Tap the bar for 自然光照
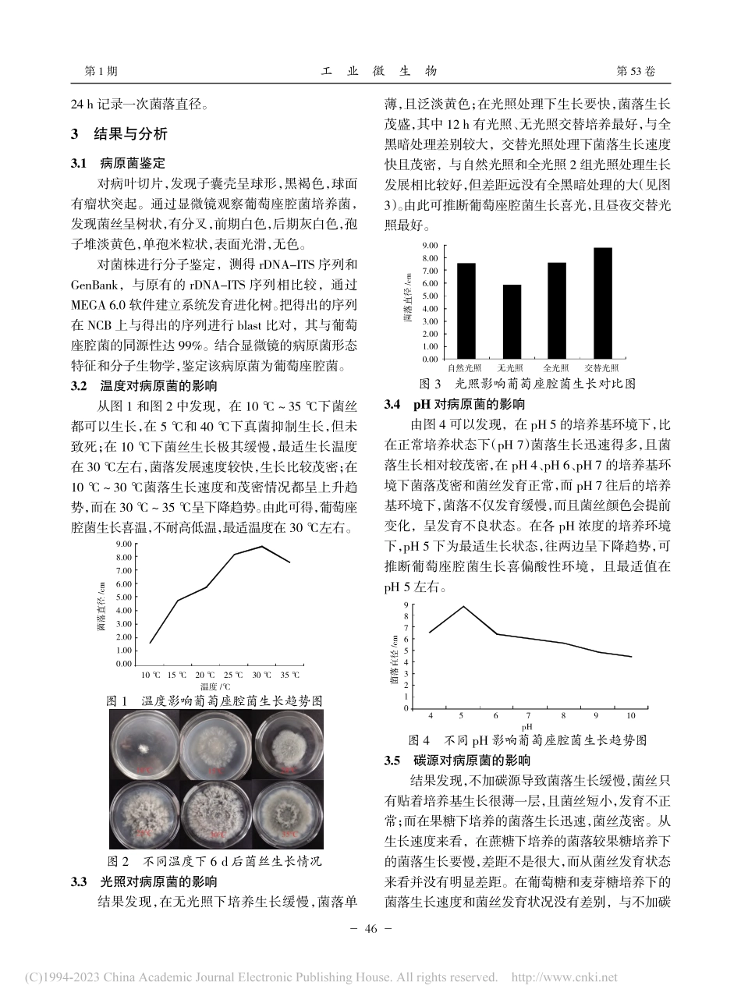[466, 311]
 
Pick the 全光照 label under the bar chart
[555, 367]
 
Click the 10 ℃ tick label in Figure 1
[151, 674]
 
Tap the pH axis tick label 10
[630, 715]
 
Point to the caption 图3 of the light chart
[431, 384]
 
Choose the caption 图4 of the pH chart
[420, 739]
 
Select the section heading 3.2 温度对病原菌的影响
[144, 386]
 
